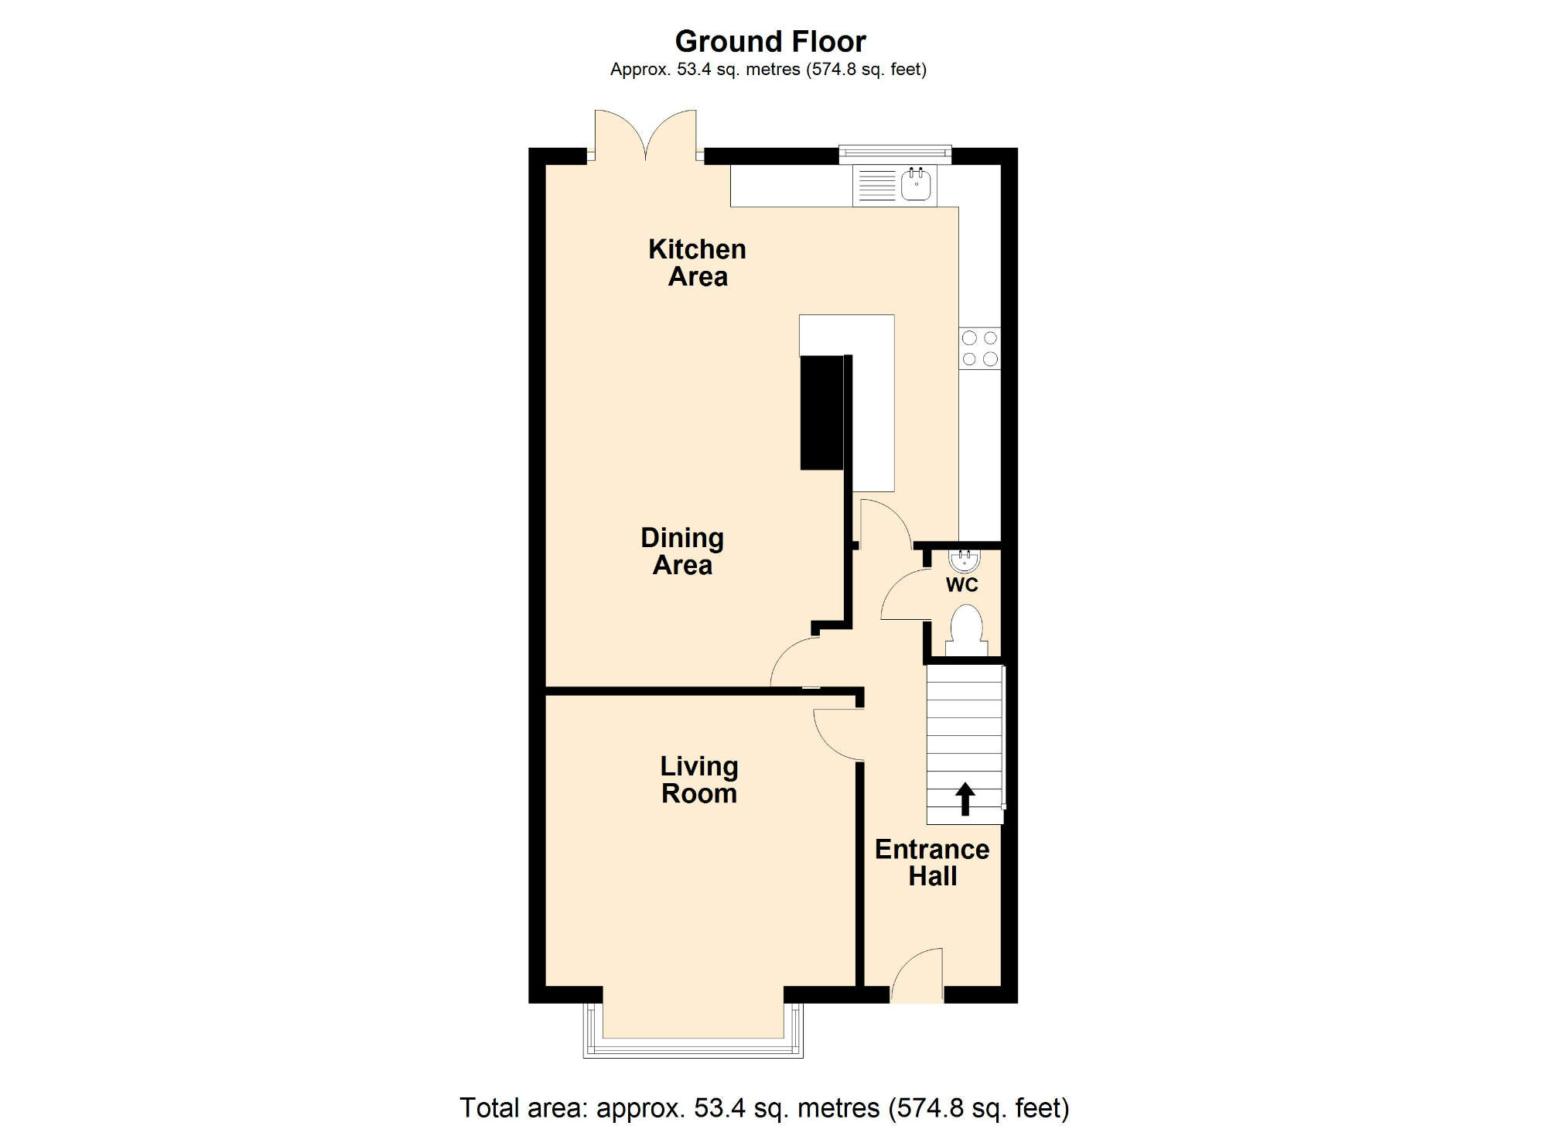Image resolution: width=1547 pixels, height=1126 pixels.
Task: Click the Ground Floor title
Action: coord(770,41)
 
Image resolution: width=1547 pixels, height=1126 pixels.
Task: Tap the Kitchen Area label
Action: coord(698,263)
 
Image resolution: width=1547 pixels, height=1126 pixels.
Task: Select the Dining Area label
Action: coord(682,551)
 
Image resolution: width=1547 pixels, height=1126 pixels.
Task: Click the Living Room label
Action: coord(699,780)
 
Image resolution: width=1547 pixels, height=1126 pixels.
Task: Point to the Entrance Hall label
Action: coord(932,863)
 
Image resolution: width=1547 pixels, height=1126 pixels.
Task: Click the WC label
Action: coord(962,585)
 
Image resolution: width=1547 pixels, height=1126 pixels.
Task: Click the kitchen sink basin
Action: coord(917,185)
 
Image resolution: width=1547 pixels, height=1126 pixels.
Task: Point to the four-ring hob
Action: coord(979,348)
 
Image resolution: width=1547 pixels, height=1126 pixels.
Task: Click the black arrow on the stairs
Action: coord(965,799)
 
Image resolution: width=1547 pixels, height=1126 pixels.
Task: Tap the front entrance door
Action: coord(918,977)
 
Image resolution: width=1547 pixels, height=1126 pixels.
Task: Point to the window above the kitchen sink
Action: coord(895,153)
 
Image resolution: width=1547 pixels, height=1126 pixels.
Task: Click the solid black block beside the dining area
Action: coord(821,412)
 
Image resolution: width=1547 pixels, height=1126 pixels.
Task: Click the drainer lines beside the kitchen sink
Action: coord(876,186)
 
